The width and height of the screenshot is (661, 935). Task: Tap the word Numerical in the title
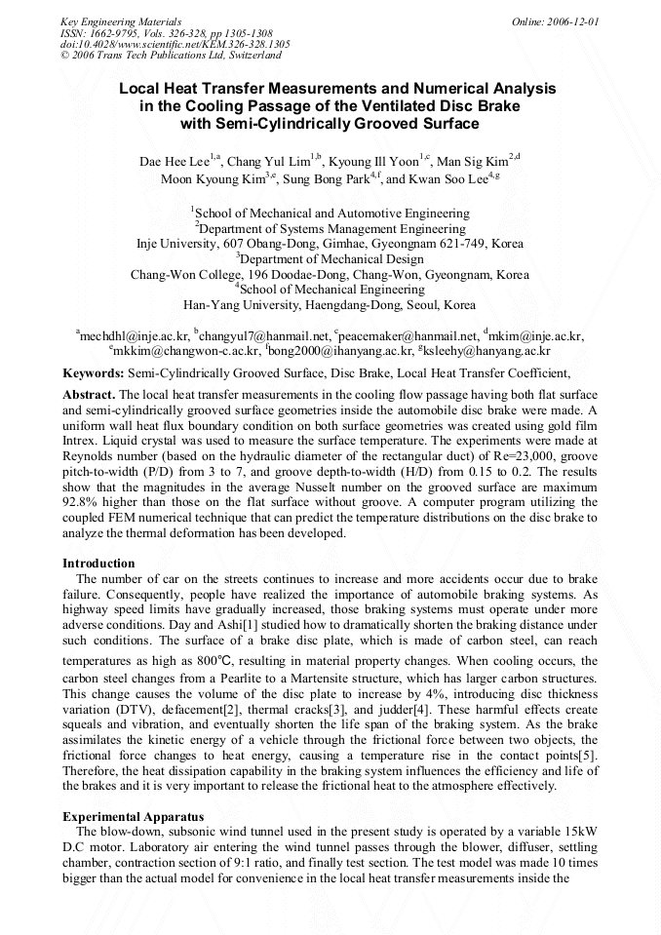[452, 88]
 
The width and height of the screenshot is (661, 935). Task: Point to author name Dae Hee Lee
[172, 160]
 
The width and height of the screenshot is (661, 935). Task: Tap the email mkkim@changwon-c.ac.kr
[187, 350]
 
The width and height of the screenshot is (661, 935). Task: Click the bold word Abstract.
[89, 394]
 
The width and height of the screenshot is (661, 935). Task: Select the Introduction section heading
[98, 564]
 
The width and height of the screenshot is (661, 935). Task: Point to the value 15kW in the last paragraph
[577, 832]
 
